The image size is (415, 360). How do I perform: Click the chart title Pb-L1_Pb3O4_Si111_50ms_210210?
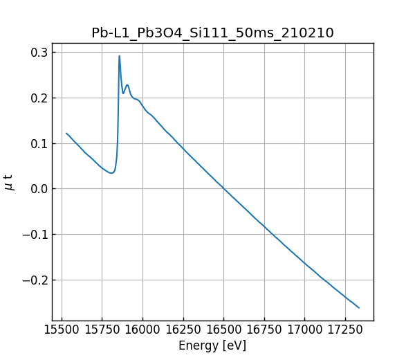coord(212,33)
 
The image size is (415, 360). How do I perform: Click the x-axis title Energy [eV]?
coord(212,345)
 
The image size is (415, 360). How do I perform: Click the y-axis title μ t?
coord(9,182)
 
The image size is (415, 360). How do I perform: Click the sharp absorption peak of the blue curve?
coord(119,56)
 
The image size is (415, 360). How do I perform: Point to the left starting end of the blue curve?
coord(66,133)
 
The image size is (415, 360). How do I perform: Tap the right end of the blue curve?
coord(359,307)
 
